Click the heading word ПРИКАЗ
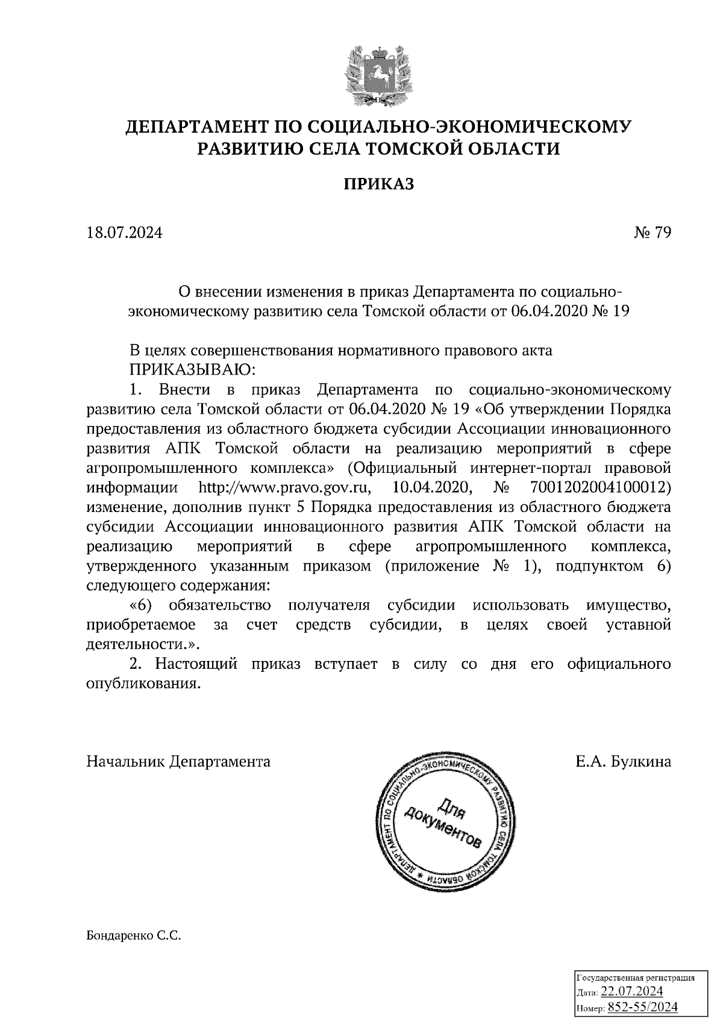(379, 184)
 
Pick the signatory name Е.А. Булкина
(623, 762)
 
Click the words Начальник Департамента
(178, 762)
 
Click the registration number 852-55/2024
(642, 1007)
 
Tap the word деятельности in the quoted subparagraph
(140, 644)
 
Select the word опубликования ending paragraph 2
(142, 684)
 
